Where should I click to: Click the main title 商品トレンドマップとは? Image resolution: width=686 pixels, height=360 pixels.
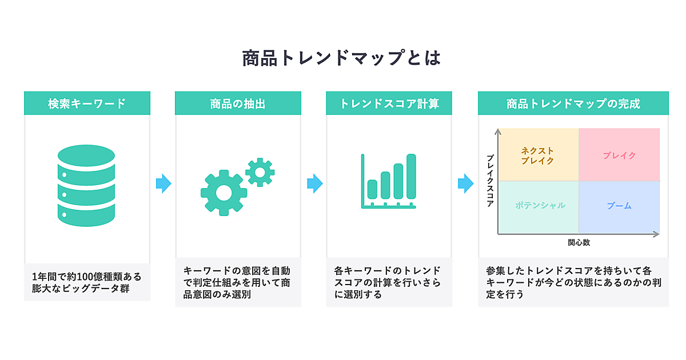(x=342, y=58)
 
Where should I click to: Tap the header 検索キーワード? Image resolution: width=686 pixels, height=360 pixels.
(x=87, y=104)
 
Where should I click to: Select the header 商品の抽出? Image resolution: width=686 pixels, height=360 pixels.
(x=238, y=104)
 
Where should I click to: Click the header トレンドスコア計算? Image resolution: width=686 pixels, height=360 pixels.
(x=389, y=104)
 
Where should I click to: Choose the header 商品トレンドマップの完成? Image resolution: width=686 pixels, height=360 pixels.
(x=573, y=104)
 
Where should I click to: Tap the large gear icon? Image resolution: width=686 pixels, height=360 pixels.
(x=224, y=193)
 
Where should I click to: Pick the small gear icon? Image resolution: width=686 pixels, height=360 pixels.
(x=260, y=171)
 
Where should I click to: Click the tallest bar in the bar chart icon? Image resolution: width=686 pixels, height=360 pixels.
(x=411, y=175)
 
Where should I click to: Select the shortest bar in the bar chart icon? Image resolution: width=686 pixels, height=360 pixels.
(x=372, y=189)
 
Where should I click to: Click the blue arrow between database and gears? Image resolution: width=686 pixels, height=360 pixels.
(x=163, y=183)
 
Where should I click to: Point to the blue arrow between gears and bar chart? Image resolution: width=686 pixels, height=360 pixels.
(x=314, y=183)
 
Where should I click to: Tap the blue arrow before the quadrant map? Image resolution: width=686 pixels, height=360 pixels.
(x=465, y=183)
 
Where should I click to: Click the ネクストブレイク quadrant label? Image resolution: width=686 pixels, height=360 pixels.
(x=537, y=155)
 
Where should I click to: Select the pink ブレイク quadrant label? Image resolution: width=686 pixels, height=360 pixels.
(x=619, y=155)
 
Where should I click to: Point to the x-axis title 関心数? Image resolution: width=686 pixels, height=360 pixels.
(x=579, y=242)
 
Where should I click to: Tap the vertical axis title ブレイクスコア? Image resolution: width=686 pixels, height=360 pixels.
(x=490, y=181)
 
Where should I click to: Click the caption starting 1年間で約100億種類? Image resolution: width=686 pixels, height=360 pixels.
(x=87, y=282)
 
